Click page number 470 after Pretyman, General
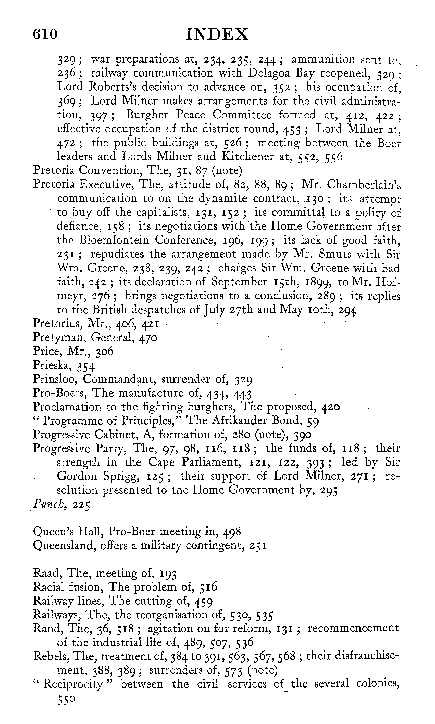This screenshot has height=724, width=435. click(148, 338)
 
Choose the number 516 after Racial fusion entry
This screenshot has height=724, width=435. click(208, 587)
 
